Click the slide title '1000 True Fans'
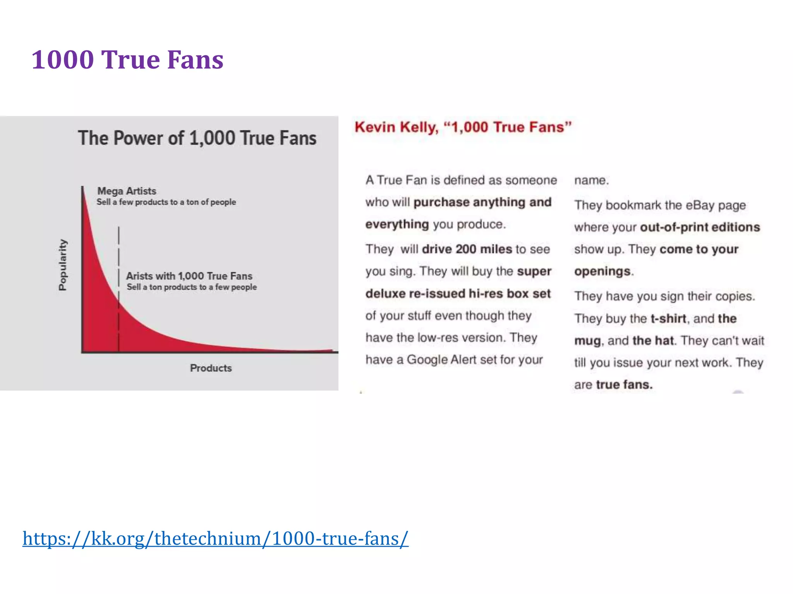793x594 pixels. pos(127,60)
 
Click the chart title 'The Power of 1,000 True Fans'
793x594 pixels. pos(197,138)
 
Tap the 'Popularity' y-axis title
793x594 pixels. pos(62,265)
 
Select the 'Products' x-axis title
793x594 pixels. pos(211,368)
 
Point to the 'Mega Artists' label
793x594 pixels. pos(127,191)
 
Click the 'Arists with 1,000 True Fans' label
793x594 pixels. pos(189,276)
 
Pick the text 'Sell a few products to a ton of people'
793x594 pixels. pos(166,202)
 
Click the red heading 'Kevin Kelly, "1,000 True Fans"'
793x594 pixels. pos(463,127)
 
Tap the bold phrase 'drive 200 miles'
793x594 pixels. pos(467,249)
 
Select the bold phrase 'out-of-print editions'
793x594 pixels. pos(700,227)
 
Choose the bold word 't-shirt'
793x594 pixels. pos(668,318)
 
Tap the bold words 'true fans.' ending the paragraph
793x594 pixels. pos(624,384)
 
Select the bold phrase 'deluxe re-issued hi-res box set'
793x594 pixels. pos(458,294)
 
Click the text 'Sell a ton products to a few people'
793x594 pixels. pos(192,287)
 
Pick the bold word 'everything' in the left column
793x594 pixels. pos(397,224)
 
